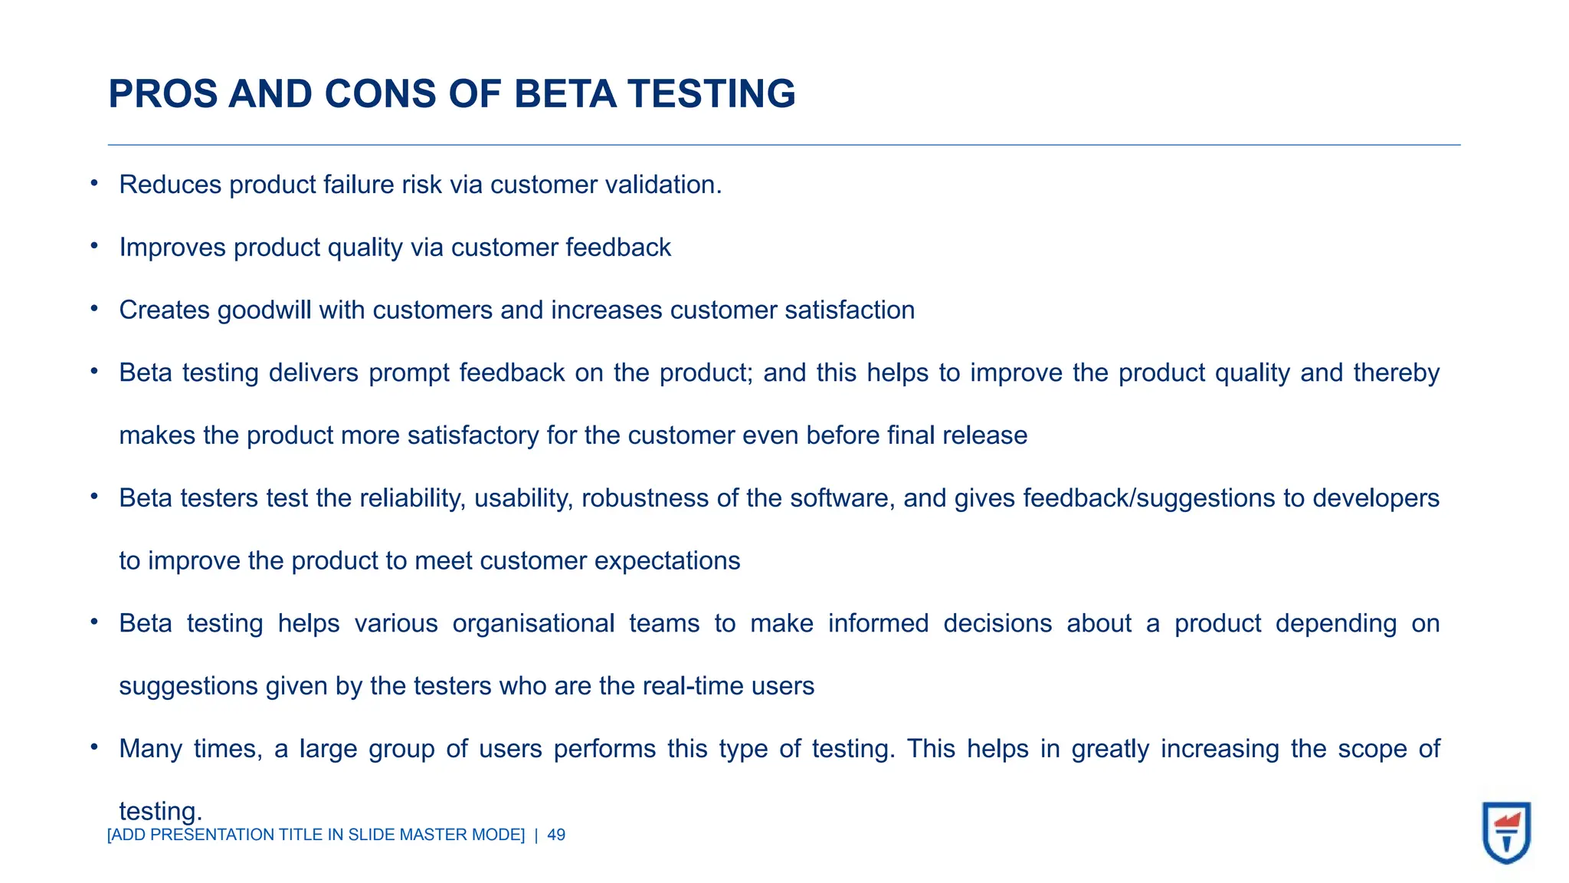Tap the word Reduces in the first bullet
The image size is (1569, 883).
click(x=170, y=185)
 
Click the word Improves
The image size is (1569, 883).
click(x=172, y=248)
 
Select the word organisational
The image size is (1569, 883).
click(x=533, y=624)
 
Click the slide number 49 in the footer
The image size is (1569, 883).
click(x=557, y=835)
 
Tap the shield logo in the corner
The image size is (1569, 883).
click(x=1506, y=832)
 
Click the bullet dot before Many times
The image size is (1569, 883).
click(x=93, y=746)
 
